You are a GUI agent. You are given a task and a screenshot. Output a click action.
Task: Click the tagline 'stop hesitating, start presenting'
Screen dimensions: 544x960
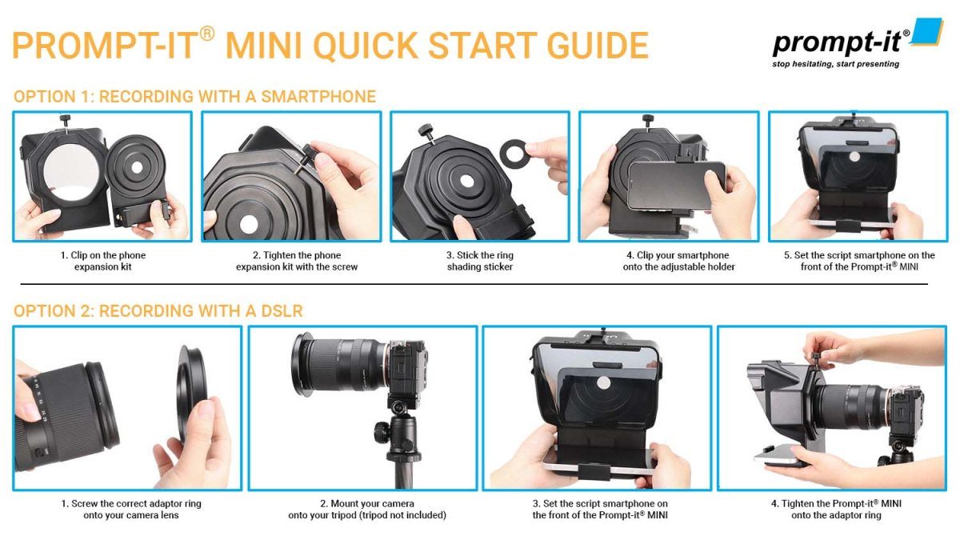pos(835,64)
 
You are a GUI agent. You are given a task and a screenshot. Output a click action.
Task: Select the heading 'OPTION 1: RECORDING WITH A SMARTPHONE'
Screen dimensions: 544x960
pos(194,97)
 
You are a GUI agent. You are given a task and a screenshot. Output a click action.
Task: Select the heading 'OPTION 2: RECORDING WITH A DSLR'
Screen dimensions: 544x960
pos(158,310)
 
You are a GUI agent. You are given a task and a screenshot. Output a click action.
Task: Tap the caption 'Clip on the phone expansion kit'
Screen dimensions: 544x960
pos(103,261)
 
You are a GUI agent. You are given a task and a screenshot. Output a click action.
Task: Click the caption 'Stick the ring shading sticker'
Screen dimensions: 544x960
pos(480,261)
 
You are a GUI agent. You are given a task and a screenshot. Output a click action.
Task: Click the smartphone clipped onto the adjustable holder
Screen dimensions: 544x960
pos(676,184)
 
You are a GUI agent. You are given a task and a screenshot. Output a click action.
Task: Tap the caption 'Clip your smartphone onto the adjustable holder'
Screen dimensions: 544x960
pos(670,261)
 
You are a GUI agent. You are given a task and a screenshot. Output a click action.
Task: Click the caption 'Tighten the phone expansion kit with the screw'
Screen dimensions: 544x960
pos(291,261)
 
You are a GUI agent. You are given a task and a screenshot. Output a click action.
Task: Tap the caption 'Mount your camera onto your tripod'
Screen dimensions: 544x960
pos(367,510)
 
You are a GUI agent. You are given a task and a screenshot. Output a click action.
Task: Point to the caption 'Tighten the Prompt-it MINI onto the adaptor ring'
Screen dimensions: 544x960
pos(836,510)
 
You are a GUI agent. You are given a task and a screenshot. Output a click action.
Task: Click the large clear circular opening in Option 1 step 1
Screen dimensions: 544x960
pos(65,175)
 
